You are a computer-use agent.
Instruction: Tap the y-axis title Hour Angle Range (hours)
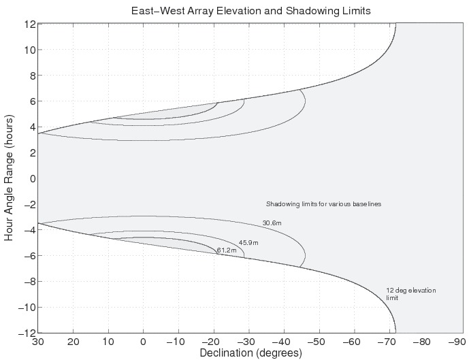click(9, 178)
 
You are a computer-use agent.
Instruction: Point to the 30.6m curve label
click(272, 223)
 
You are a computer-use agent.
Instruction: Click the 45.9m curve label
click(248, 243)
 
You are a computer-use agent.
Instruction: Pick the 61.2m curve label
click(227, 251)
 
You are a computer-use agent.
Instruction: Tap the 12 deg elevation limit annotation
click(410, 294)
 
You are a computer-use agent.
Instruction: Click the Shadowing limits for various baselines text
click(323, 204)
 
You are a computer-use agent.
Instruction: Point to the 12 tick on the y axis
click(29, 24)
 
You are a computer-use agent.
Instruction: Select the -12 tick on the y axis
click(27, 333)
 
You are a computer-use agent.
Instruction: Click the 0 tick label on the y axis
click(31, 178)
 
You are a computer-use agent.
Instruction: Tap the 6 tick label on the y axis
click(31, 101)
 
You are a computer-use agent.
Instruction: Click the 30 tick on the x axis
click(38, 342)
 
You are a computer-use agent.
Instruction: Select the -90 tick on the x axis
click(457, 342)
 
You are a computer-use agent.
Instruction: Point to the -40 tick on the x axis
click(282, 342)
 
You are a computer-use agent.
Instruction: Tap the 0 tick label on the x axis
click(143, 342)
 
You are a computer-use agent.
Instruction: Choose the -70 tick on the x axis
click(387, 342)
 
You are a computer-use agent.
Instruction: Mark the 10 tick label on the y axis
click(29, 50)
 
